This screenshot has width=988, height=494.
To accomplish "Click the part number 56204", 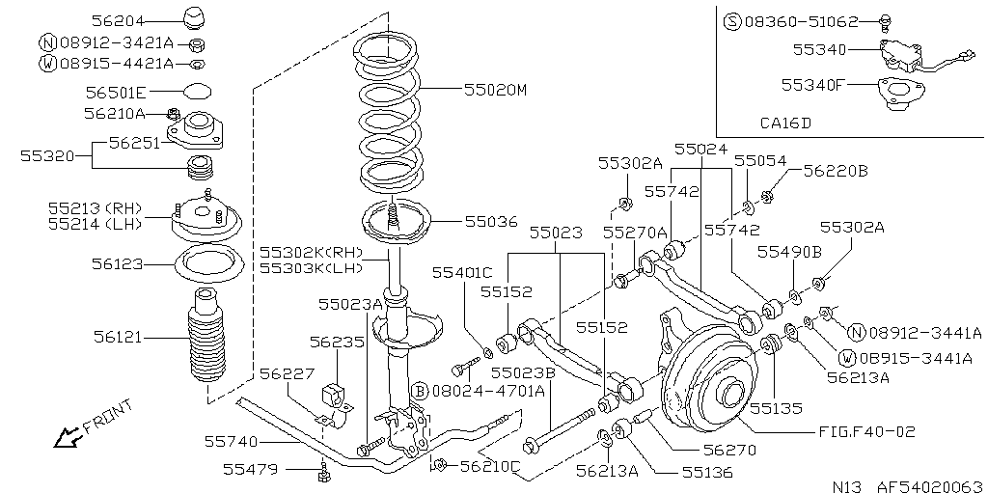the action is point(118,21).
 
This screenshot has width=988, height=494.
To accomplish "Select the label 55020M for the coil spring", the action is point(495,90).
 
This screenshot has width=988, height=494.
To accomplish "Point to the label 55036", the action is point(491,222).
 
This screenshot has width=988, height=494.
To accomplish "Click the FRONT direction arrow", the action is point(67,436).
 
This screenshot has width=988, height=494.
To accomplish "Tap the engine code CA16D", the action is point(785,123).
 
